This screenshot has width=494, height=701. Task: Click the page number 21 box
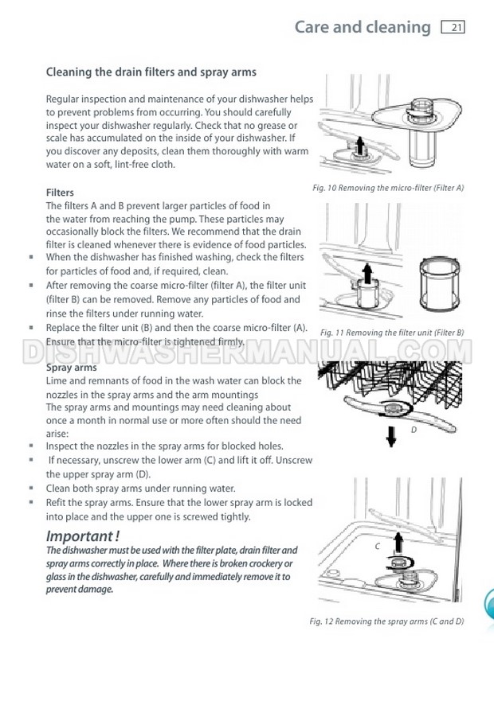(x=453, y=28)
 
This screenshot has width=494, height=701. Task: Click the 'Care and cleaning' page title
(x=363, y=27)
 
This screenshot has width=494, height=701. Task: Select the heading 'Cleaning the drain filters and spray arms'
(x=151, y=72)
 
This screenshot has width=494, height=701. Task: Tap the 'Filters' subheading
(x=60, y=193)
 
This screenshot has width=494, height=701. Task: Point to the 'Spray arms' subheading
(x=71, y=368)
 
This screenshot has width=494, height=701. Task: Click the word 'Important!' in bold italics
(x=83, y=535)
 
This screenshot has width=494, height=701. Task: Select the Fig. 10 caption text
(x=388, y=188)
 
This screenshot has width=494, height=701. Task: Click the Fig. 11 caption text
(x=392, y=333)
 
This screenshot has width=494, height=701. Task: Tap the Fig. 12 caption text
(x=386, y=621)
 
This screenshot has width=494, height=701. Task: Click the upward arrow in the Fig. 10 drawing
(x=359, y=146)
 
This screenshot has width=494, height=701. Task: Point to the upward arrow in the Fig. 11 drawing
(x=367, y=273)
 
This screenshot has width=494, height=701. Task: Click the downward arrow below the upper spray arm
(x=391, y=436)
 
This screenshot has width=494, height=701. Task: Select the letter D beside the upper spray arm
(x=414, y=430)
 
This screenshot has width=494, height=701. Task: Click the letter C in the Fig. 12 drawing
(x=377, y=546)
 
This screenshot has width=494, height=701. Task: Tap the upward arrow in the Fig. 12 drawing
(x=398, y=543)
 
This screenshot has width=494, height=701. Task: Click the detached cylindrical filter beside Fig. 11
(x=440, y=284)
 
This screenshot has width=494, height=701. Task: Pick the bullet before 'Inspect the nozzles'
(x=31, y=446)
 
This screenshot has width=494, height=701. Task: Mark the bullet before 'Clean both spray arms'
(x=31, y=489)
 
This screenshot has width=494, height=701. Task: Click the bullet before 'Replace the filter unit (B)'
(x=31, y=328)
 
